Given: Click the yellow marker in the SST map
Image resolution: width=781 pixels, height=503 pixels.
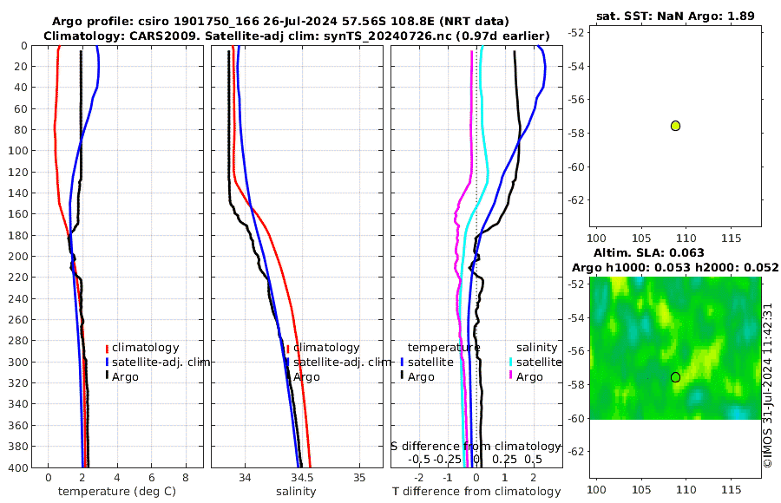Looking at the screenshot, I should (675, 126).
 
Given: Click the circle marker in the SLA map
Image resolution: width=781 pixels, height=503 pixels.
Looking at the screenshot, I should (675, 377).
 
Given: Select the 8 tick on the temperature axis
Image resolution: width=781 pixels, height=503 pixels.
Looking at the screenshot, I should (185, 477).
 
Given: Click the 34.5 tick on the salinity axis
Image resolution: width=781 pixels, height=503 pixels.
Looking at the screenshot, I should (301, 477).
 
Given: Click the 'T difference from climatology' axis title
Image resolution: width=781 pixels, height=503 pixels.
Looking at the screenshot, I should (476, 492).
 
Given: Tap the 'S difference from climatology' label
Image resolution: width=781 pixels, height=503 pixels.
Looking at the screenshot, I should (476, 446).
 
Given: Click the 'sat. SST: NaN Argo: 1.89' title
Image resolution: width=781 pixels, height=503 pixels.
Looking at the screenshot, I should (676, 16).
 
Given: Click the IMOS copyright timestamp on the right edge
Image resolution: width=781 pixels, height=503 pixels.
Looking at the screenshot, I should (768, 386).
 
